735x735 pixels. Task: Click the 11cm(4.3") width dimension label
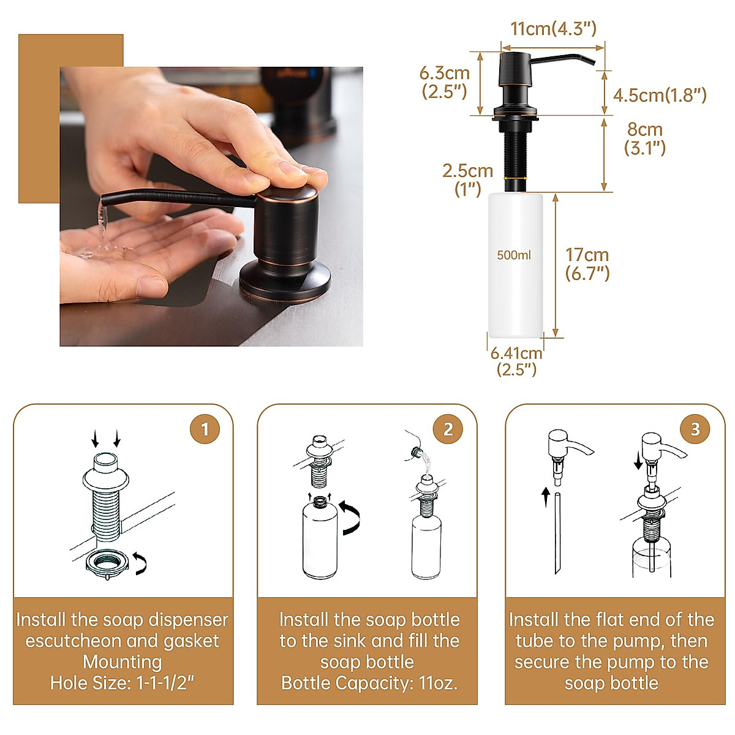click(x=553, y=29)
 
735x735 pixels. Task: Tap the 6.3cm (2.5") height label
click(x=444, y=82)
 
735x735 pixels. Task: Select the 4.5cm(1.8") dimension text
click(x=660, y=95)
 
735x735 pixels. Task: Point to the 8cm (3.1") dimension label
click(x=644, y=138)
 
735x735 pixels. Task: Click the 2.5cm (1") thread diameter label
click(x=467, y=179)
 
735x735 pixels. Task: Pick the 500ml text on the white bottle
click(x=514, y=255)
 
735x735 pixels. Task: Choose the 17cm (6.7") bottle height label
click(x=587, y=264)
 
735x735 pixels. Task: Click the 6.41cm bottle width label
click(x=516, y=361)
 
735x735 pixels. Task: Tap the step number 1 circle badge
click(x=205, y=429)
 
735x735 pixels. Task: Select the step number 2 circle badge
click(x=448, y=429)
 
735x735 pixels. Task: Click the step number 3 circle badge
click(x=695, y=429)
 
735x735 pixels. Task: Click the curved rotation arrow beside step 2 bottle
click(x=350, y=518)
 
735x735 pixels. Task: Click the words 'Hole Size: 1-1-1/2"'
click(x=123, y=683)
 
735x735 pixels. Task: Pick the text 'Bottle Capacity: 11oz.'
click(x=369, y=683)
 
